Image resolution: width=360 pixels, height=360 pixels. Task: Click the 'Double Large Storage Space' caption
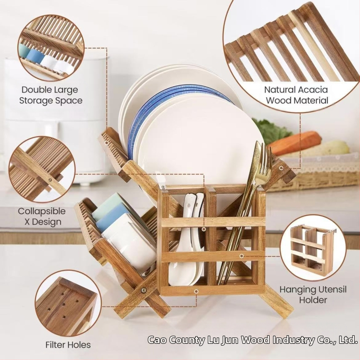51,95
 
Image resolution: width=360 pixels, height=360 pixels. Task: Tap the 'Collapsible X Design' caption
42,216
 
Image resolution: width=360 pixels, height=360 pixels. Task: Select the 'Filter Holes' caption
68,345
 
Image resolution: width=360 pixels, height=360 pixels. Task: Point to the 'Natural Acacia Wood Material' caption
297,95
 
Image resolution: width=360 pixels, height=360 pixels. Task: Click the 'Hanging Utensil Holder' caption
313,294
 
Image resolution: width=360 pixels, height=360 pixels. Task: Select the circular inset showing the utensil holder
313,248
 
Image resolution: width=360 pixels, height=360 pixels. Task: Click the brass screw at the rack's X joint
144,290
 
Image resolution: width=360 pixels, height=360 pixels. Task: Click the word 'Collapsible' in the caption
42,211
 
